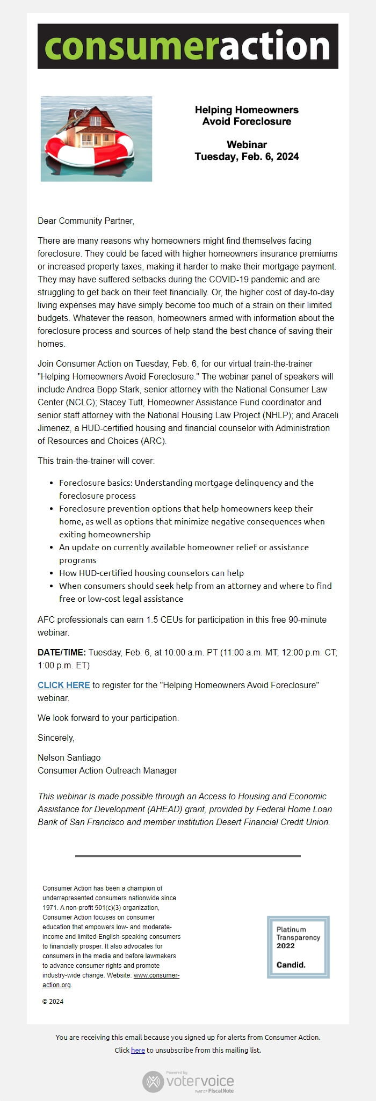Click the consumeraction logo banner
188,46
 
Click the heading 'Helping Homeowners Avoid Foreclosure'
247,115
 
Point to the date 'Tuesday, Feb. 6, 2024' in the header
247,157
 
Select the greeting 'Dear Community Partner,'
86,221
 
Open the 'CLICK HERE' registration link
63,685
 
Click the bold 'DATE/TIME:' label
62,653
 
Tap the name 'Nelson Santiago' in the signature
69,757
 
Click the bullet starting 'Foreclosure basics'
186,483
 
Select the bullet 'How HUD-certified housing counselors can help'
151,573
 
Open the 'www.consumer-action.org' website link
156,975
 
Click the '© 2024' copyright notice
53,1001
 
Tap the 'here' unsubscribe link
138,1050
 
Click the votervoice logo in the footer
188,1081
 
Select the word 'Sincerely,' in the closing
56,738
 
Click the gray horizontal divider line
188,856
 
